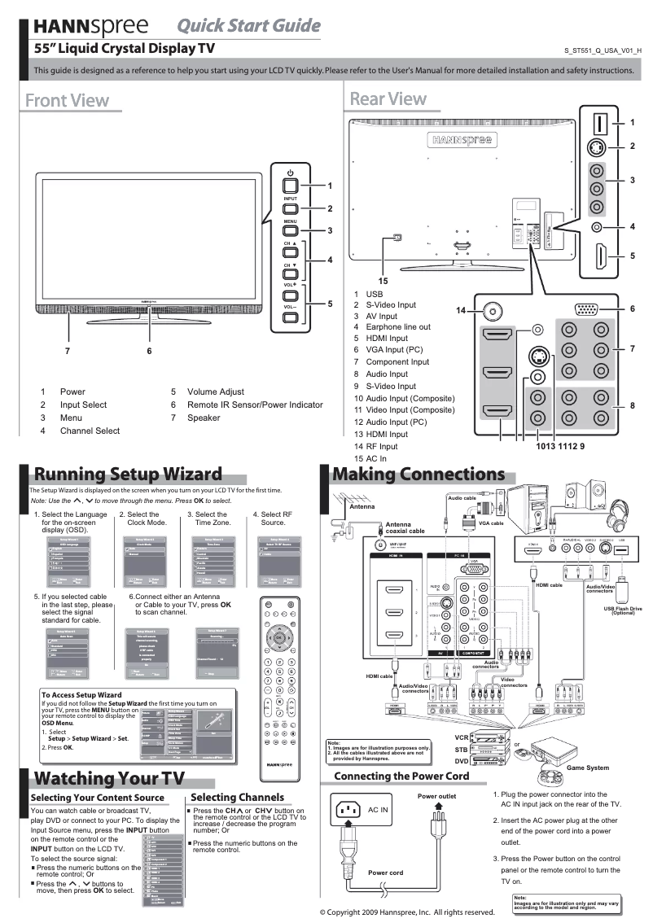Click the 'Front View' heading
pyautogui.click(x=67, y=100)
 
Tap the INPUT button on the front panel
pyautogui.click(x=291, y=209)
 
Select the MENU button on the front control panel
pyautogui.click(x=291, y=231)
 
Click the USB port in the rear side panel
pyautogui.click(x=600, y=123)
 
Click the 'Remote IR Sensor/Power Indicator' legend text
pyautogui.click(x=255, y=405)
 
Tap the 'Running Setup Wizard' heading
pyautogui.click(x=126, y=475)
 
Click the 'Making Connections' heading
pyautogui.click(x=419, y=475)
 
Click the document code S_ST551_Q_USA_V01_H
pyautogui.click(x=602, y=50)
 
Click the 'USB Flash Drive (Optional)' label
pyautogui.click(x=623, y=610)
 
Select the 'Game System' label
pyautogui.click(x=587, y=768)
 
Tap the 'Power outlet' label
pyautogui.click(x=436, y=796)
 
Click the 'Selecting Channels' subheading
pyautogui.click(x=237, y=797)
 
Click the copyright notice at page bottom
pyautogui.click(x=407, y=912)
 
